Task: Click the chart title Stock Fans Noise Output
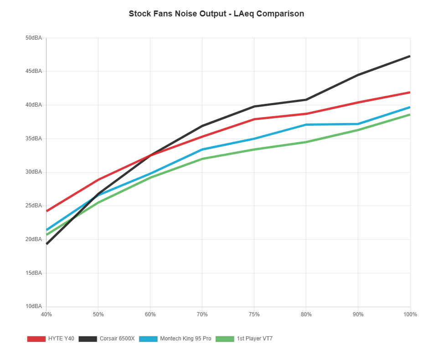pyautogui.click(x=216, y=14)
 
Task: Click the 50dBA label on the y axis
pyautogui.click(x=34, y=38)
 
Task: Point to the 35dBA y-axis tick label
pyautogui.click(x=34, y=139)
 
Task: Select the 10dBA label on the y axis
pyautogui.click(x=34, y=306)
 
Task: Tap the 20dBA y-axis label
pyautogui.click(x=34, y=239)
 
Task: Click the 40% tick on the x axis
pyautogui.click(x=46, y=314)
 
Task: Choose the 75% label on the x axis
pyautogui.click(x=254, y=314)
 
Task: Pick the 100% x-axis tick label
pyautogui.click(x=410, y=314)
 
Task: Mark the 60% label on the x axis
pyautogui.click(x=150, y=314)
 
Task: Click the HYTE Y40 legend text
pyautogui.click(x=61, y=339)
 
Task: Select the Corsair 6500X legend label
pyautogui.click(x=117, y=339)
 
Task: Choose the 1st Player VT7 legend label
pyautogui.click(x=254, y=339)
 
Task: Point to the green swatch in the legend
pyautogui.click(x=225, y=339)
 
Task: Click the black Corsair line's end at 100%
pyautogui.click(x=410, y=56)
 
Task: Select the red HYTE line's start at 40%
pyautogui.click(x=46, y=211)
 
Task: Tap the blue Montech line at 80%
pyautogui.click(x=306, y=124)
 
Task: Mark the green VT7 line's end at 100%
pyautogui.click(x=410, y=114)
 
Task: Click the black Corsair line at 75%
pyautogui.click(x=254, y=107)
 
